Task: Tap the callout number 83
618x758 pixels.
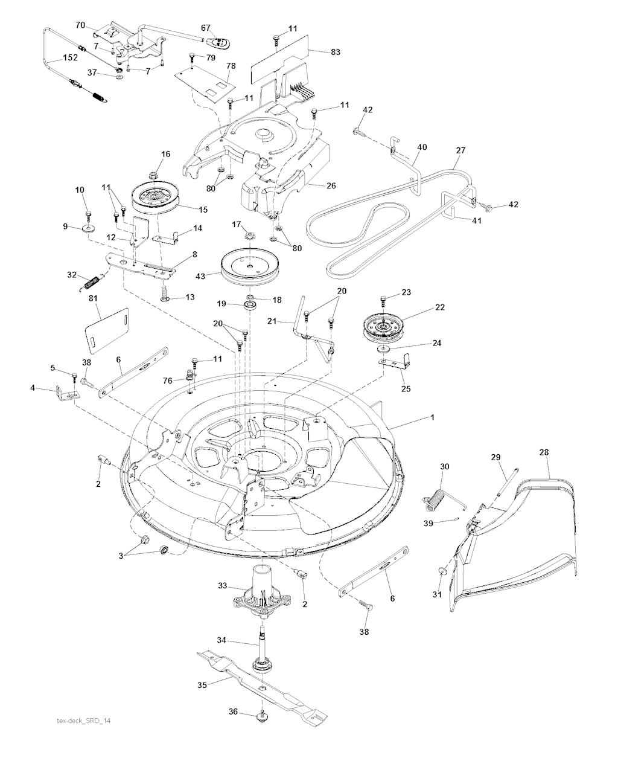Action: coord(335,53)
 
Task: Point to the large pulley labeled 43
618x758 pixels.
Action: coord(248,264)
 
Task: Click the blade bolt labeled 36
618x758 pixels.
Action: coord(263,717)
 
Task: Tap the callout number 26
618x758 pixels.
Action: coord(331,185)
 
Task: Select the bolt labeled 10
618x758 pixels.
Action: coord(89,213)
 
